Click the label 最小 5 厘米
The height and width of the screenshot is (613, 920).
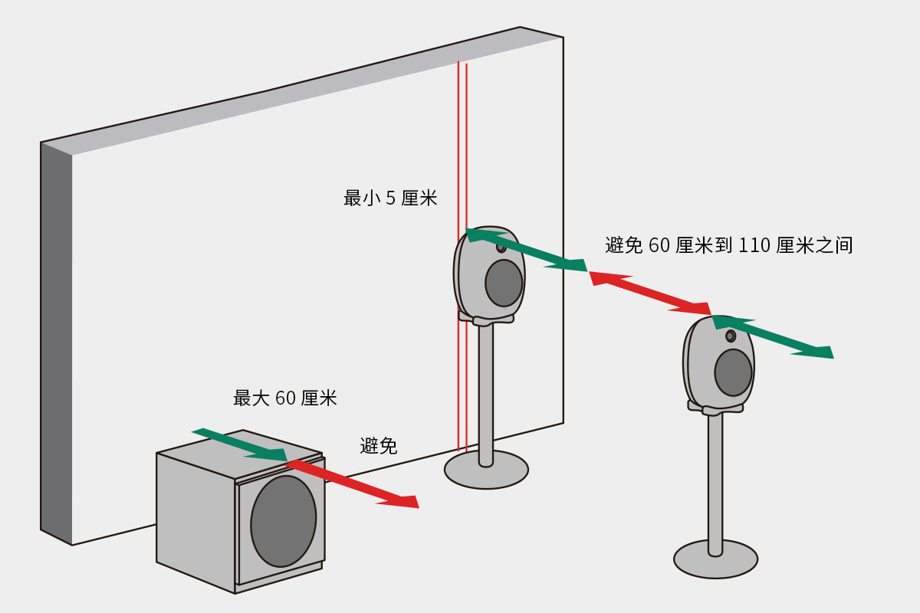tap(389, 198)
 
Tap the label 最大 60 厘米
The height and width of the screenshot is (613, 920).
tap(284, 398)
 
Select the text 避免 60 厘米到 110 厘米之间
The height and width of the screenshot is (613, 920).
tap(728, 245)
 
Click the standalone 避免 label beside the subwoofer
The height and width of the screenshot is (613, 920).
tap(379, 446)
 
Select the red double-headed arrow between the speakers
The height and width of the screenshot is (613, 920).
tap(650, 293)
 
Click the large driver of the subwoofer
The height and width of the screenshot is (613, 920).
tap(283, 521)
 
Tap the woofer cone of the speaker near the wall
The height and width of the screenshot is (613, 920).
tap(504, 283)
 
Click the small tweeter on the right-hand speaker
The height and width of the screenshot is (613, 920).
tap(731, 336)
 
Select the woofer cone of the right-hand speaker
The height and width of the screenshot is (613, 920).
tap(733, 372)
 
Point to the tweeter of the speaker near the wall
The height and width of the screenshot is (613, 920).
tap(501, 246)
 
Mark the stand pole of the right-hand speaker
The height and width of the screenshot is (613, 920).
tap(715, 475)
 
